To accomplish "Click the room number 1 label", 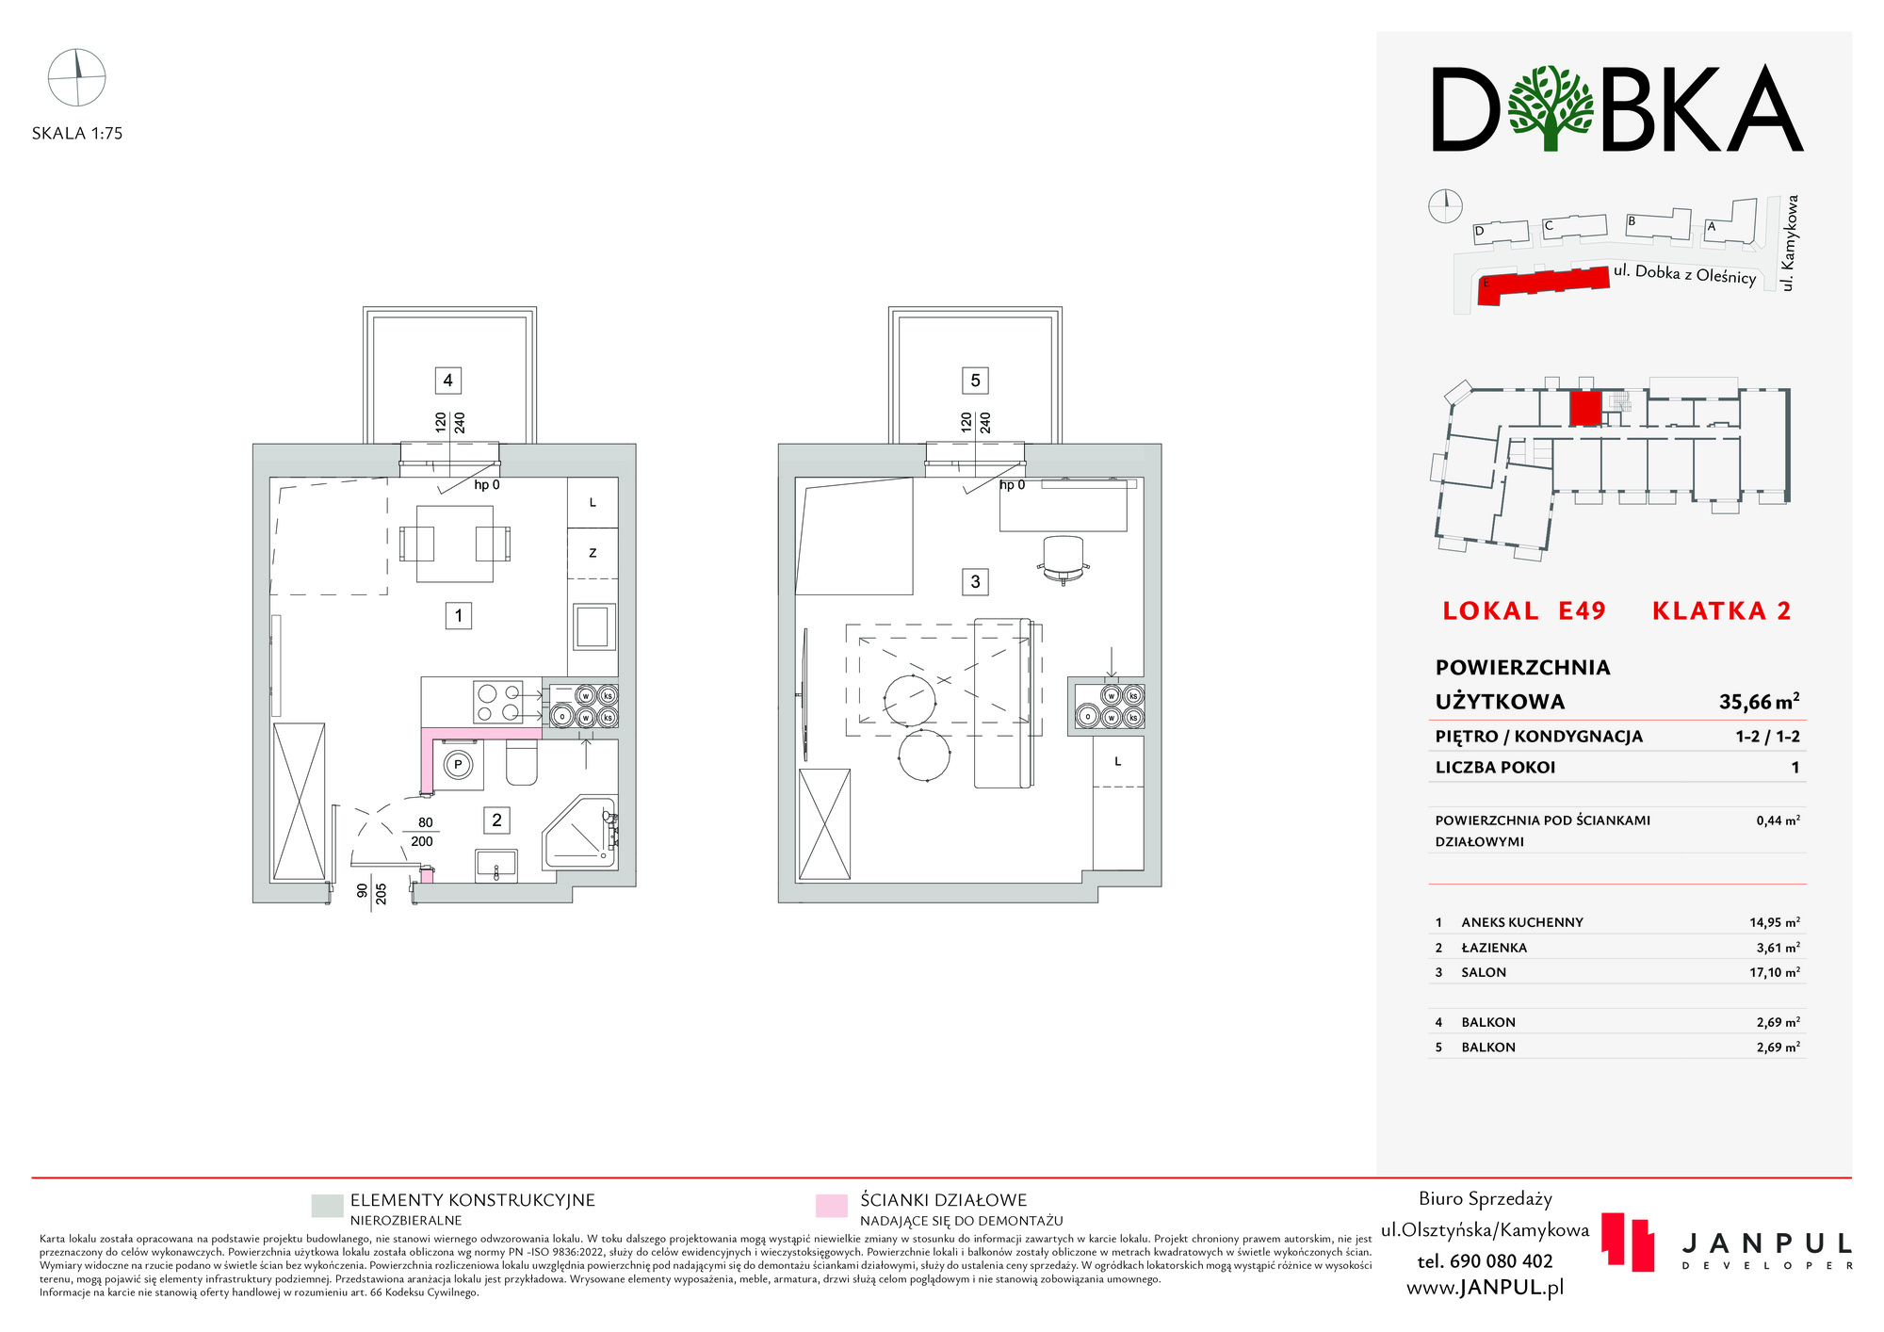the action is click(459, 616).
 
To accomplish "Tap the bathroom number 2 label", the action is click(497, 820).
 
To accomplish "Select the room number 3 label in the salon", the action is click(975, 582).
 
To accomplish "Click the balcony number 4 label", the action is click(448, 381).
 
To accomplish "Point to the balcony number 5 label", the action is click(975, 381).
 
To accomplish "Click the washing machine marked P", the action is click(458, 764).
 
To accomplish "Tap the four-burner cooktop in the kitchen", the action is click(498, 702).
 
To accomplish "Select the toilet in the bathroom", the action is click(522, 763).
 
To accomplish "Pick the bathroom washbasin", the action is click(496, 866).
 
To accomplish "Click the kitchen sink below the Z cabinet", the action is click(593, 626).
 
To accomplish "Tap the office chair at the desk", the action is click(1064, 560).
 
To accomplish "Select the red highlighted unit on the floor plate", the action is click(1585, 409).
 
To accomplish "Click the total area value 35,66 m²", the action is click(1759, 702).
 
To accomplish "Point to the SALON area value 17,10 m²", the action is click(1775, 972).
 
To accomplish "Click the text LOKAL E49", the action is click(1524, 611).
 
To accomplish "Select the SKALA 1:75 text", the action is click(77, 134).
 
